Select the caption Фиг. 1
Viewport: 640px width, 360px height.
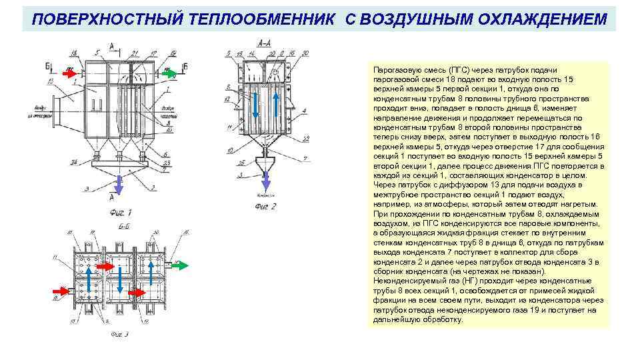pos(120,211)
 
